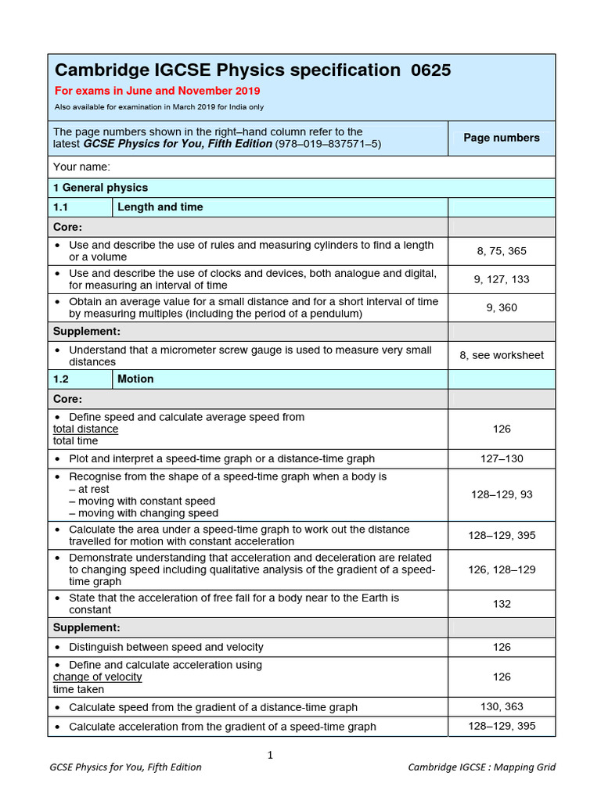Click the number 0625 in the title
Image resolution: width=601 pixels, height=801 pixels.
click(430, 70)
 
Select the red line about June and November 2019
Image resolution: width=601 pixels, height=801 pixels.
click(157, 91)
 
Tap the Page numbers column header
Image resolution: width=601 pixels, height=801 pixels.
click(502, 138)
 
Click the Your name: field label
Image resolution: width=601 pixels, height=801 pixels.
click(81, 167)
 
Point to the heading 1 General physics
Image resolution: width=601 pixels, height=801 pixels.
click(100, 188)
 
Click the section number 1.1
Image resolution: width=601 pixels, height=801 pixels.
click(62, 207)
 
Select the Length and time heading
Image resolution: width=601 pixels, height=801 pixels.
click(160, 207)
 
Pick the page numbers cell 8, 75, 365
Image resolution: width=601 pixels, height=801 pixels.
click(502, 251)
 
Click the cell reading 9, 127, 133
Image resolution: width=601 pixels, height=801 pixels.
click(502, 279)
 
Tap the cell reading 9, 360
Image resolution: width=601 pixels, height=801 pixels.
click(502, 307)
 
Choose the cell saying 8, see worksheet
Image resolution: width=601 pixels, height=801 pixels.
click(502, 355)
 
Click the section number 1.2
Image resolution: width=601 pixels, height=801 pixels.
click(62, 379)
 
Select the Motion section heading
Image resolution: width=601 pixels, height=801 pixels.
click(135, 379)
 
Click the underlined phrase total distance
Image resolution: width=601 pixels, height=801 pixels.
click(85, 429)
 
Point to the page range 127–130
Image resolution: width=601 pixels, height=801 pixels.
click(502, 459)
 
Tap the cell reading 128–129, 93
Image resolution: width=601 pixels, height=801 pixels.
click(502, 494)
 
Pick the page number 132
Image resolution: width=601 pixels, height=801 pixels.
click(502, 604)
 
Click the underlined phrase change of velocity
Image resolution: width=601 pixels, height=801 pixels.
click(97, 677)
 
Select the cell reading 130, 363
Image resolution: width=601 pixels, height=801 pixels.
click(502, 706)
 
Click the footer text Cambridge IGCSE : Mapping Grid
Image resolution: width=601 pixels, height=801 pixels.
click(481, 767)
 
